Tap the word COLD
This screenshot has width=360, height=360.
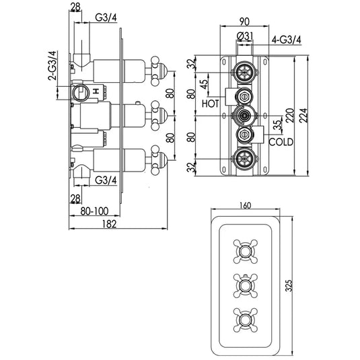281,143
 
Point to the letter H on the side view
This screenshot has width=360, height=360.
97,89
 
